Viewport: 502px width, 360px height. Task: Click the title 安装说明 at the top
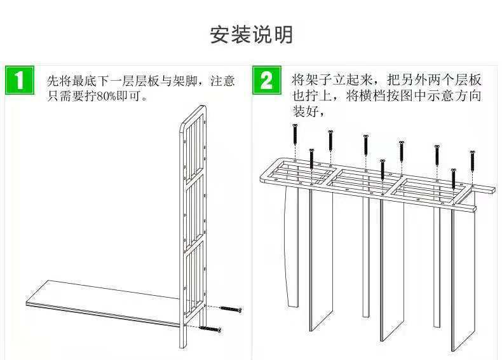point(251,34)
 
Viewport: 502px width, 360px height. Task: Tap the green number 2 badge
point(268,80)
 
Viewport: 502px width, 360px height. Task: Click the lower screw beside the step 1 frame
point(209,329)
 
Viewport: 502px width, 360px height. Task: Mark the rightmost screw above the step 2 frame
point(472,163)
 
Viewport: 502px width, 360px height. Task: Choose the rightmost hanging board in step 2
point(462,280)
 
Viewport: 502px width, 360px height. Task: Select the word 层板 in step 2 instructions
point(467,81)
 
